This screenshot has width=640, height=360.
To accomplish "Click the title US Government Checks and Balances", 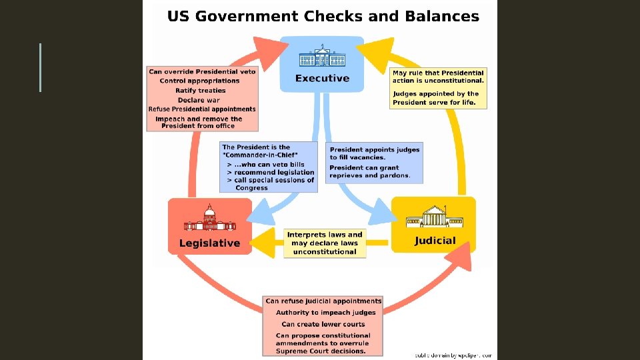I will pyautogui.click(x=323, y=16).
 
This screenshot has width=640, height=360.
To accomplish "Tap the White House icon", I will pyautogui.click(x=322, y=57).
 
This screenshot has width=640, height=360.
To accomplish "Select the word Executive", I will pyautogui.click(x=322, y=78).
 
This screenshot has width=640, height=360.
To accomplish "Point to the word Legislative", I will pyautogui.click(x=209, y=243).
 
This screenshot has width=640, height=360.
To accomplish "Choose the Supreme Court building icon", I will pyautogui.click(x=434, y=217).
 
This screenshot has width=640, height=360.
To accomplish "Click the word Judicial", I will pyautogui.click(x=435, y=241).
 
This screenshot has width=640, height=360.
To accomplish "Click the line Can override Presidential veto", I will pyautogui.click(x=202, y=71).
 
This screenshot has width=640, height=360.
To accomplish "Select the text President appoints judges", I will pyautogui.click(x=374, y=150).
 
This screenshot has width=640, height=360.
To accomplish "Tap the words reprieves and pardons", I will pyautogui.click(x=369, y=175).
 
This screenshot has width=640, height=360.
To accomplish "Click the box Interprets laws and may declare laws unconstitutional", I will pyautogui.click(x=325, y=243).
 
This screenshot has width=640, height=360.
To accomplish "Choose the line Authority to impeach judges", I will pyautogui.click(x=326, y=312).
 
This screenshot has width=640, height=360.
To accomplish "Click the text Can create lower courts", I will pyautogui.click(x=323, y=324).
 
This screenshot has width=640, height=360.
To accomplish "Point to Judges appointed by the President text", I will pyautogui.click(x=436, y=98).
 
